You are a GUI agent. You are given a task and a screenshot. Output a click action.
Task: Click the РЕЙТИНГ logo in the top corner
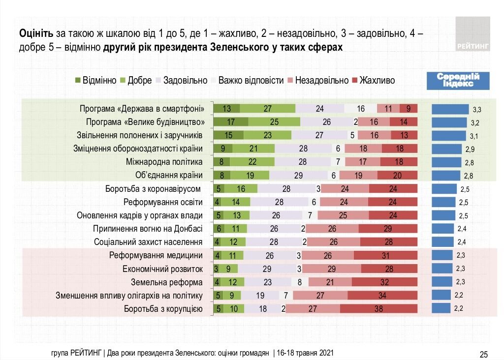click(472, 33)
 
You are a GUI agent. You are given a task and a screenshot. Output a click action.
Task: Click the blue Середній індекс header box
click(458, 81)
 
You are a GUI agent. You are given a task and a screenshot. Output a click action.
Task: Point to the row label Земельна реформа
click(167, 282)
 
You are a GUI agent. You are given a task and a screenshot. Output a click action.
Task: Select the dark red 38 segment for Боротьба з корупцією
click(378, 309)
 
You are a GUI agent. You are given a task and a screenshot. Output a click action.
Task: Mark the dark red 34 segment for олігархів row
click(382, 296)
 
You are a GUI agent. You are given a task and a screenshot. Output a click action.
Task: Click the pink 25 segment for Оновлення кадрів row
click(343, 215)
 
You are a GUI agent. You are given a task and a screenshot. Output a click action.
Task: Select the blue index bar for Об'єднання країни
click(446, 175)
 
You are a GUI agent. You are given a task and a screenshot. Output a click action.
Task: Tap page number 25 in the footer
click(483, 354)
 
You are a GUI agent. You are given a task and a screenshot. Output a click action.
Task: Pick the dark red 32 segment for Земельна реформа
click(384, 282)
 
